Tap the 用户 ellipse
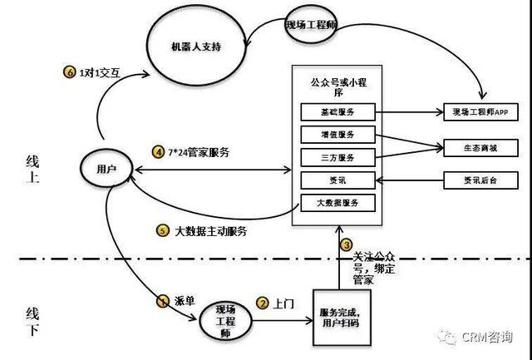pyautogui.click(x=106, y=168)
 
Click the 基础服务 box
pyautogui.click(x=337, y=111)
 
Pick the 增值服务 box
pyautogui.click(x=337, y=135)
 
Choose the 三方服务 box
pyautogui.click(x=337, y=156)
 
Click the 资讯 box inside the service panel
pyautogui.click(x=337, y=179)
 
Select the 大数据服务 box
pyautogui.click(x=337, y=202)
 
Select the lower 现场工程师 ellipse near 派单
pyautogui.click(x=221, y=318)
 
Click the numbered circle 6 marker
pyautogui.click(x=70, y=72)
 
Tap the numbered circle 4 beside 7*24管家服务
pyautogui.click(x=158, y=151)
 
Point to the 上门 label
pyautogui.click(x=283, y=304)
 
